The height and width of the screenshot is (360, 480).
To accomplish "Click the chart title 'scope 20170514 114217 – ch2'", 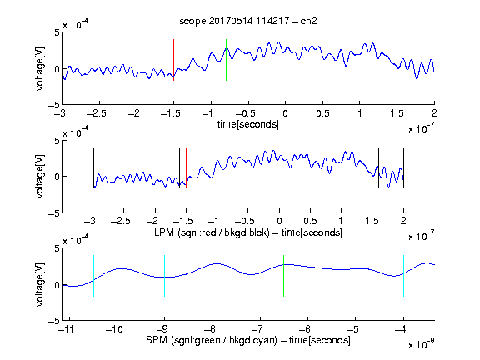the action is tap(248, 21).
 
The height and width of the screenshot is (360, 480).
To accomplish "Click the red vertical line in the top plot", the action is tap(173, 60).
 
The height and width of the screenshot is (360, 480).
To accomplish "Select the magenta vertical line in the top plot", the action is tap(397, 60).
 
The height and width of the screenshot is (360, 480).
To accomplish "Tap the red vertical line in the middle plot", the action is tap(186, 167).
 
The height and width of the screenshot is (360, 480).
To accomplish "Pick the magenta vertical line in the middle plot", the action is tap(372, 167).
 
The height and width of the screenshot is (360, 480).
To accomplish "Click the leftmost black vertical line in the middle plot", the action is tap(93, 167).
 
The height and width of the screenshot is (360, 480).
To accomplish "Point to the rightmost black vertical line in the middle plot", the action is tap(403, 167).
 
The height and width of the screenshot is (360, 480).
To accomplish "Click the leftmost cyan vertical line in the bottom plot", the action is tap(93, 276).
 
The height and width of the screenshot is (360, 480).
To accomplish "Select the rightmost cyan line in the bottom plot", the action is tap(403, 276).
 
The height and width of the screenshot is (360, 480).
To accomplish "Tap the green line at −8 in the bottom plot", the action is tap(212, 276).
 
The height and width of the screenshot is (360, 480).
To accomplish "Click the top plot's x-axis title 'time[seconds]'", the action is tap(248, 124).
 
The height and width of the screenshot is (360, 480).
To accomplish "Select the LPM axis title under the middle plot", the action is tap(248, 232).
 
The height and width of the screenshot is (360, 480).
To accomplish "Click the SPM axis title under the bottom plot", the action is tap(248, 340).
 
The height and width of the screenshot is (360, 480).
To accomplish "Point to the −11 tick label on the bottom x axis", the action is tap(67, 329).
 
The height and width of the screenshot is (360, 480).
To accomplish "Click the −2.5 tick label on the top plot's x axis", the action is tap(97, 113).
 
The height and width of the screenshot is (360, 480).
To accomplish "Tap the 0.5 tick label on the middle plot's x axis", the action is tap(310, 221).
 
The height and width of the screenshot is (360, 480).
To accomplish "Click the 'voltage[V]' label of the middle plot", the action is tap(40, 177).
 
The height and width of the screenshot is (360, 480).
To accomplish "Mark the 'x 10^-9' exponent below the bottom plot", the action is tap(422, 344).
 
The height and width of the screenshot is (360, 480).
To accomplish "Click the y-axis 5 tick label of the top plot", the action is tap(57, 32).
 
